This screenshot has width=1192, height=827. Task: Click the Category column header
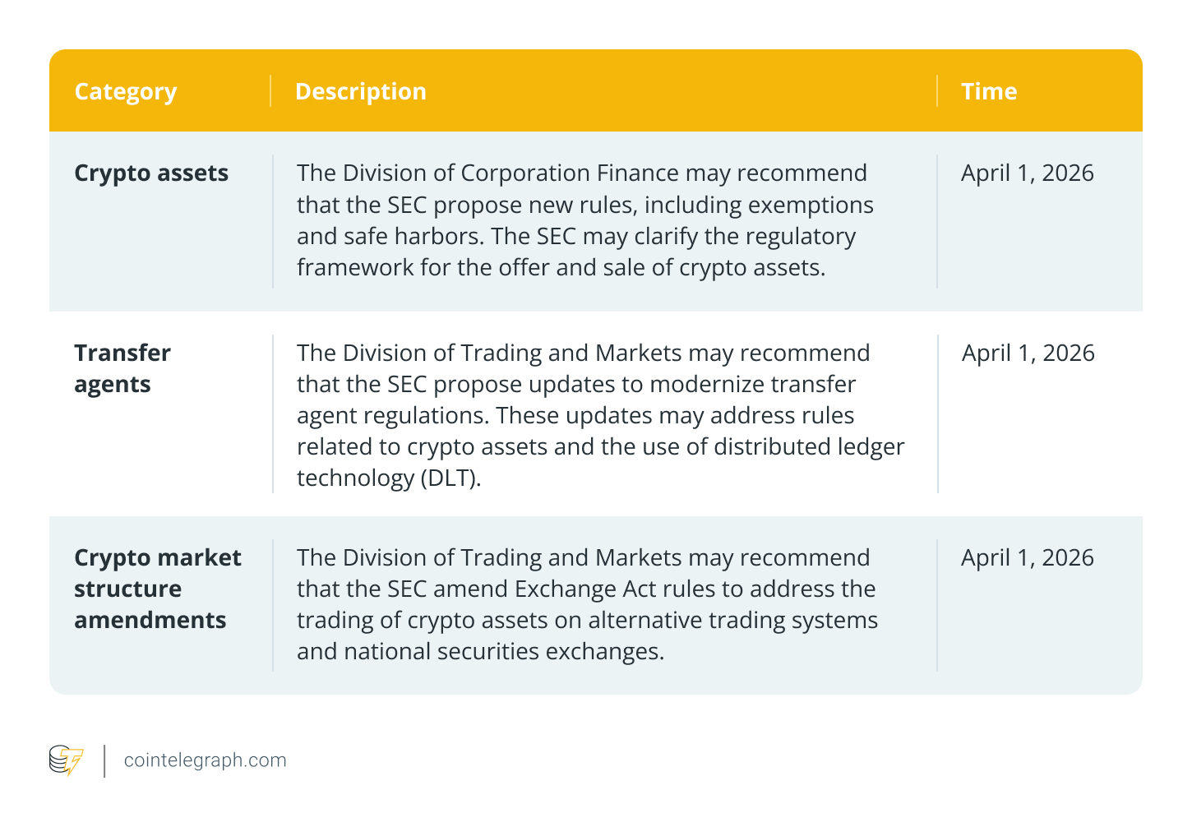(126, 92)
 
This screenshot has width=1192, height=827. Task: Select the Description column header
(360, 91)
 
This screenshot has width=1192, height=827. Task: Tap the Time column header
(989, 91)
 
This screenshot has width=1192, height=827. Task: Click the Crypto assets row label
(151, 173)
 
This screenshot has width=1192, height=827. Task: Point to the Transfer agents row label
(122, 368)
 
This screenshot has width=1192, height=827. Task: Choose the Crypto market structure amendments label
(157, 589)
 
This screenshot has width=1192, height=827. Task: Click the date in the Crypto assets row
(1027, 173)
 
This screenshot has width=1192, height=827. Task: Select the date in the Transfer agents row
(1028, 353)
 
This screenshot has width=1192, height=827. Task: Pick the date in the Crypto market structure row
(1027, 558)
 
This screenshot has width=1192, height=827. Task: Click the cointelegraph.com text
(205, 760)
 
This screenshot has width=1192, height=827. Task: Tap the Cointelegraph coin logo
(66, 760)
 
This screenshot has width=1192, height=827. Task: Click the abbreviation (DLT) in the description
(450, 478)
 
